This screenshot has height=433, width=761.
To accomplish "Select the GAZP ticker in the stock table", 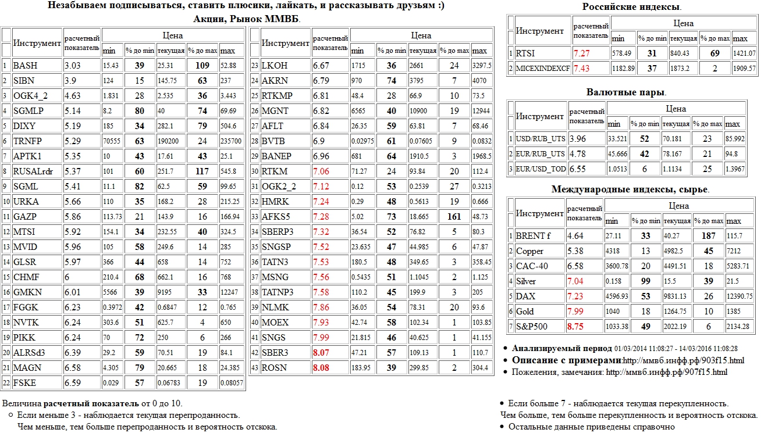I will tap(25, 217).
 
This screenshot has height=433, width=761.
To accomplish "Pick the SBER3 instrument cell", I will tap(275, 353).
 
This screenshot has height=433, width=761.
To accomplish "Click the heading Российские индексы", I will tap(632, 7).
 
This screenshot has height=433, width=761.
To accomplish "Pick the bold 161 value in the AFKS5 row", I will tap(454, 217).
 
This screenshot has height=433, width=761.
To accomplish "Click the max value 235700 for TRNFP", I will tap(232, 141).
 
